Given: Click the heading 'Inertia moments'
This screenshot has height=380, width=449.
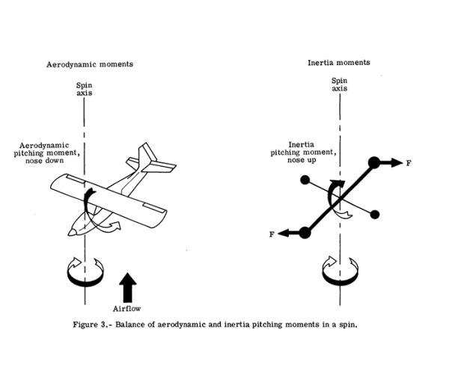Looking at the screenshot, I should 340,64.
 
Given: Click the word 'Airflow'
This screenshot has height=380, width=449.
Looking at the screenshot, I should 128,308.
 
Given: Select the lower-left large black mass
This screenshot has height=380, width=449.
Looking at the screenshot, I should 305,233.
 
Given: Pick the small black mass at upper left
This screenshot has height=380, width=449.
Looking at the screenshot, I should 305,180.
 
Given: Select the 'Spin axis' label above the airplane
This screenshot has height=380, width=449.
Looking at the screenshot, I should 85,91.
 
